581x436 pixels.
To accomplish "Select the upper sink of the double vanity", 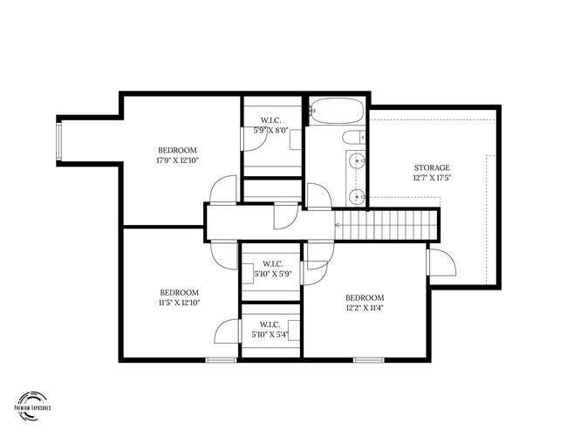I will tap(356, 160).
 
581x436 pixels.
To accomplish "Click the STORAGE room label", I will tap(431, 167).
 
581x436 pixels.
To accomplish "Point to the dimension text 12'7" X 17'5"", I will tap(431, 179).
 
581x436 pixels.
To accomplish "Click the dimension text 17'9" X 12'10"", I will tap(177, 160).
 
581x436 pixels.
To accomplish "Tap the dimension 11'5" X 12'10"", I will tap(179, 303).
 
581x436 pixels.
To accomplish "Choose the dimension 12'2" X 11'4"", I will tap(364, 307).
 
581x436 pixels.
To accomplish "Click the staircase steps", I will tap(388, 228).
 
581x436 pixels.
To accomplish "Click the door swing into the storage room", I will tap(439, 259).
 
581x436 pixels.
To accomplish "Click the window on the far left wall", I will tap(58, 142).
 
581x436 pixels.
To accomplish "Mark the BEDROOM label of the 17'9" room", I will tap(177, 149).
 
